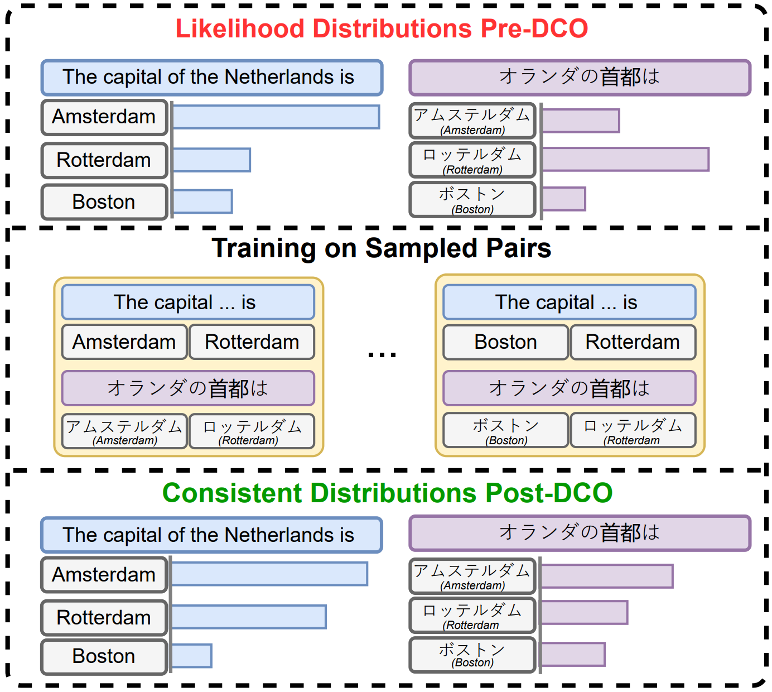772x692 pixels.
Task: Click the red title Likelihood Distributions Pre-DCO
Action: (x=382, y=28)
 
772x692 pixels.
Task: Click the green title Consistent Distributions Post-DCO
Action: (x=387, y=493)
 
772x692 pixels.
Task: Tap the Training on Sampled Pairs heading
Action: (x=381, y=248)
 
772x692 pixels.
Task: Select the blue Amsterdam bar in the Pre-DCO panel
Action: (x=276, y=117)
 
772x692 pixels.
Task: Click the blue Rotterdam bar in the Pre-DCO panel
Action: (x=211, y=160)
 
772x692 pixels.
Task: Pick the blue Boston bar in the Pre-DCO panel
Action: (x=202, y=201)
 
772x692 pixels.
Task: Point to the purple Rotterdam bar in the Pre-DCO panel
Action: (x=625, y=160)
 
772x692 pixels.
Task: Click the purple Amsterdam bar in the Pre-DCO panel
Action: (x=581, y=121)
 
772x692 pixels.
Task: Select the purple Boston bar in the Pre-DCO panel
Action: (x=564, y=199)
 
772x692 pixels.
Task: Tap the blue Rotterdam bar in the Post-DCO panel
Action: (x=249, y=617)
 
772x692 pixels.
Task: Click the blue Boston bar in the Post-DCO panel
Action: (x=191, y=656)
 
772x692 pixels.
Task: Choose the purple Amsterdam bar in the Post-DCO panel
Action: (x=607, y=576)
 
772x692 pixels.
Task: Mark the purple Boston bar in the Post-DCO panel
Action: (x=573, y=655)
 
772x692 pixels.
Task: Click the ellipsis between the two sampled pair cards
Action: (x=382, y=354)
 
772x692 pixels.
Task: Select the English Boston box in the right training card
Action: (x=505, y=342)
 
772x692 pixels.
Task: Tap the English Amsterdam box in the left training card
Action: (x=124, y=342)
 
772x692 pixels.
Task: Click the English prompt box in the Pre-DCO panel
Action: (x=211, y=78)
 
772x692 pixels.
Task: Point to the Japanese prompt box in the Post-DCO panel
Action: (x=580, y=533)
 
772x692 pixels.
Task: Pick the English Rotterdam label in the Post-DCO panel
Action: (x=104, y=618)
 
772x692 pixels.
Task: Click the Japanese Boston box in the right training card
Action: (x=505, y=430)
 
